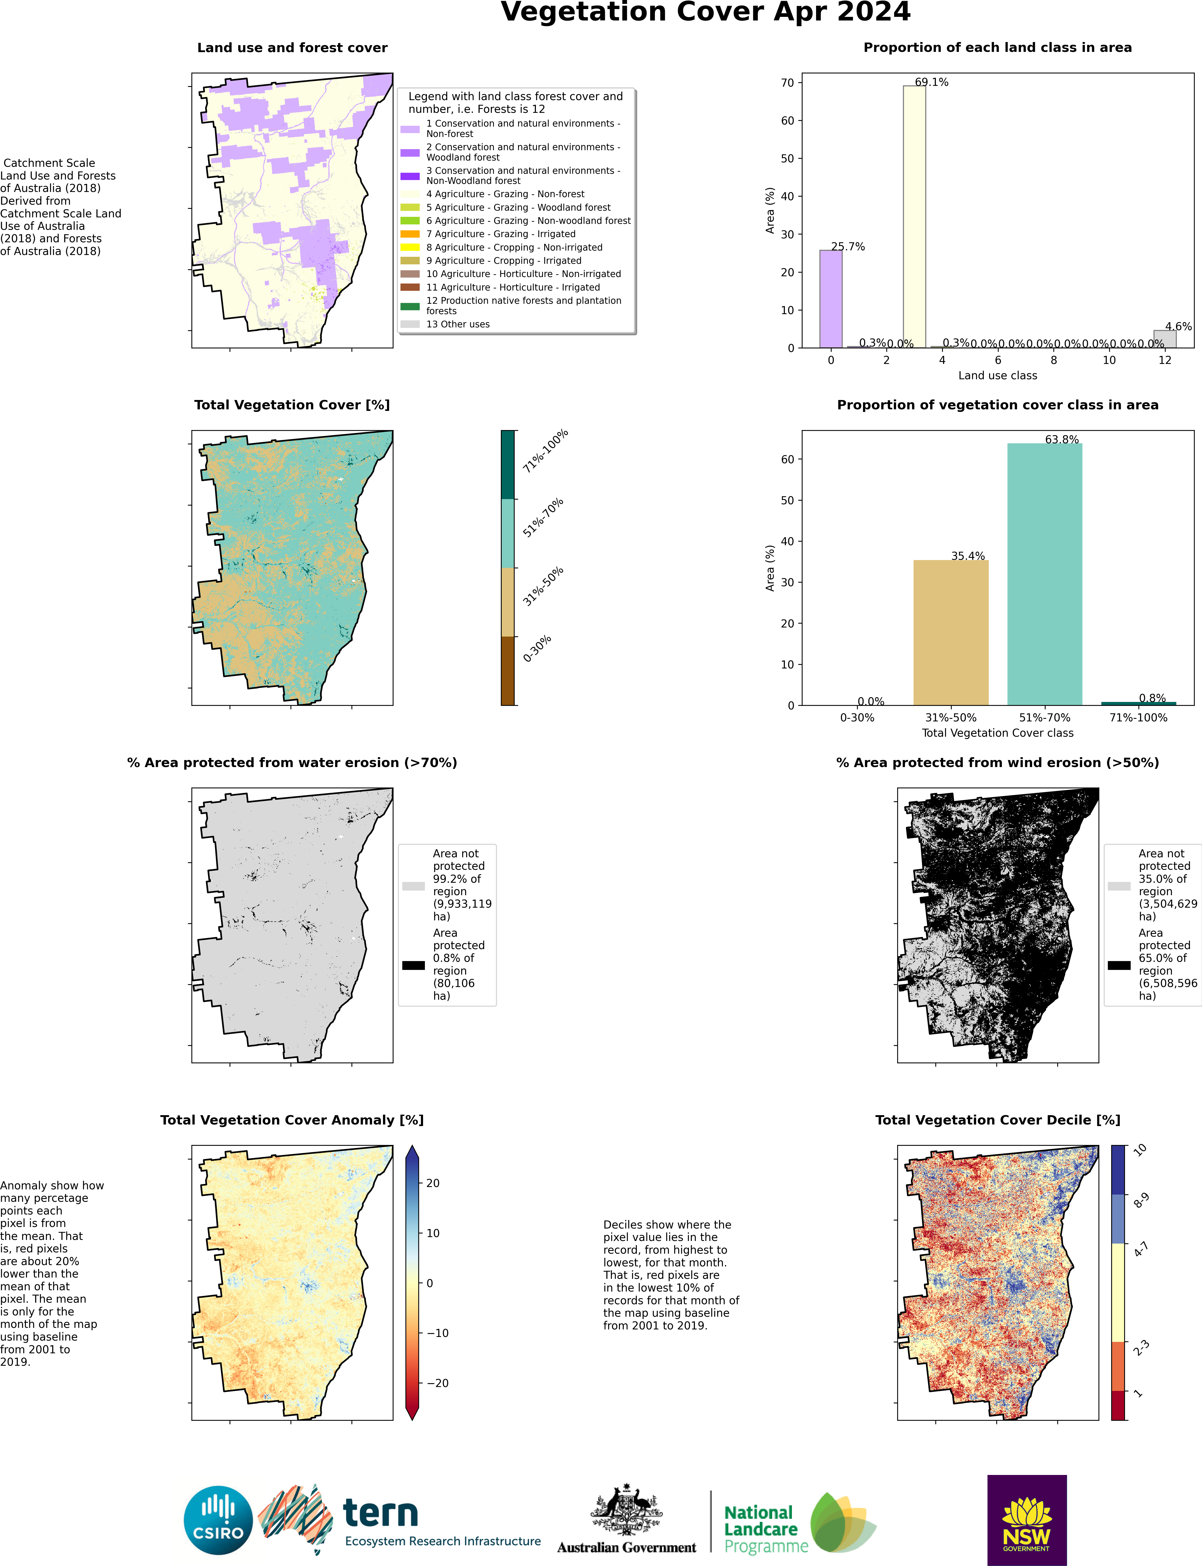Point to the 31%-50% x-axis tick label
(951, 718)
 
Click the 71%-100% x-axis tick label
(1138, 718)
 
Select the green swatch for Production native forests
(410, 306)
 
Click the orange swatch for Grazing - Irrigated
(410, 234)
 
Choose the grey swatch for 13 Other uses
(410, 324)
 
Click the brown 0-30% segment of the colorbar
(507, 670)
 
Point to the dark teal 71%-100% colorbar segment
(507, 464)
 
